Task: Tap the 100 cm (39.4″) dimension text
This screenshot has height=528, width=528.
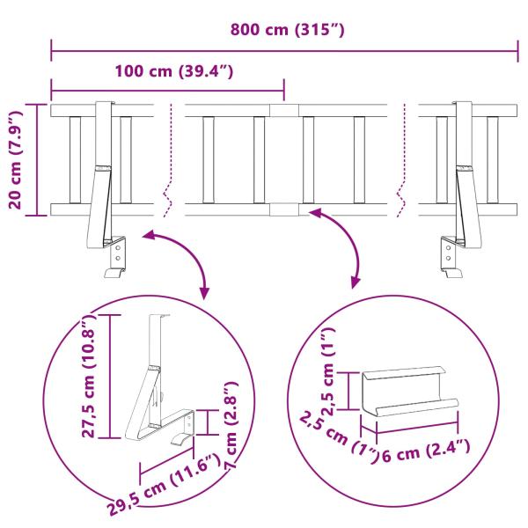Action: (x=173, y=71)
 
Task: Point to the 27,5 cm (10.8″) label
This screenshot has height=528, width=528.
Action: (x=87, y=376)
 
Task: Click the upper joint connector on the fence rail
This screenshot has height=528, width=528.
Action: (x=283, y=111)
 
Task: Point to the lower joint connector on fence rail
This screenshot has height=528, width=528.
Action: (x=283, y=209)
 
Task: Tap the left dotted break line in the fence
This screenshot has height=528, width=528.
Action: (x=168, y=158)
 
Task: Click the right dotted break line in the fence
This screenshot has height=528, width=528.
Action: (x=403, y=158)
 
